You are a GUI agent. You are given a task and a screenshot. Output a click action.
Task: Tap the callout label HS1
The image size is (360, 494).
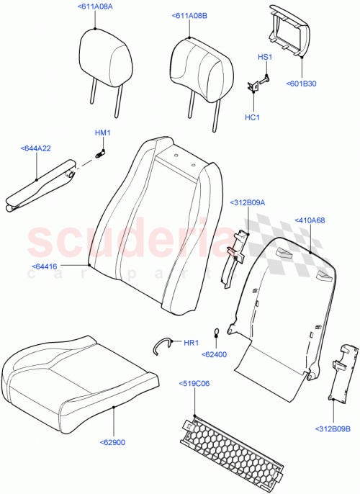click(265, 56)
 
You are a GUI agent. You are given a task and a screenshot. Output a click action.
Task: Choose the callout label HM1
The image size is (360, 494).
click(102, 133)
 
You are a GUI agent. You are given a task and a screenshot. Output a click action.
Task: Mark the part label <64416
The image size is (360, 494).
click(45, 266)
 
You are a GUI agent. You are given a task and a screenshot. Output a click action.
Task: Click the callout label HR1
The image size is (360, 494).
click(191, 343)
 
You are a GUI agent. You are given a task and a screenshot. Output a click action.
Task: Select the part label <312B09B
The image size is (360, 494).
click(333, 449)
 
